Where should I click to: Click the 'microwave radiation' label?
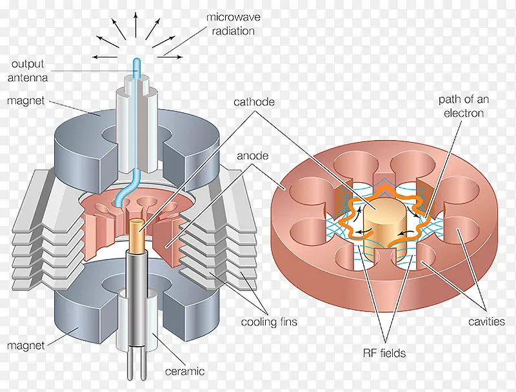[233, 24]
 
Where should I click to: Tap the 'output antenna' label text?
[28, 71]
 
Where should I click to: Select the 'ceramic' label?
[184, 371]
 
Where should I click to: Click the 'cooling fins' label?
[269, 322]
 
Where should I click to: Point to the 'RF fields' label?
[384, 353]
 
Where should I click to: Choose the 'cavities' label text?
[486, 322]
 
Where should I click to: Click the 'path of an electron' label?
[464, 106]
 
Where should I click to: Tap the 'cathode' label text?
[253, 102]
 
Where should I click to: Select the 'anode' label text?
[252, 156]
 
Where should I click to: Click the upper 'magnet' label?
[26, 101]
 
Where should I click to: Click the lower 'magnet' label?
[26, 346]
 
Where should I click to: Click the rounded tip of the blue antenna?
[136, 60]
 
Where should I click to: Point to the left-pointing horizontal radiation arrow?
[104, 57]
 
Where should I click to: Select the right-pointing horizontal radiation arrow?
[170, 57]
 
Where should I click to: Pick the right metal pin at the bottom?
[143, 362]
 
